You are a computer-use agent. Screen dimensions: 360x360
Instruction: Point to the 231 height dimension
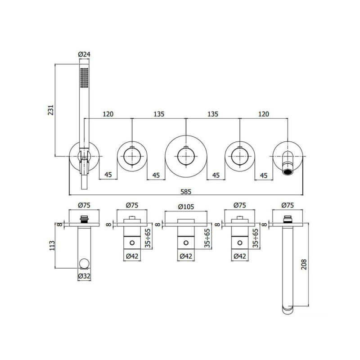tap(50, 110)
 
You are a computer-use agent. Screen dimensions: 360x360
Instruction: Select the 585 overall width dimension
tap(186, 191)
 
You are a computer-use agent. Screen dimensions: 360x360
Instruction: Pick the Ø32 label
tap(84, 275)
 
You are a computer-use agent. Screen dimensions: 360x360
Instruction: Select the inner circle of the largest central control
tap(186, 156)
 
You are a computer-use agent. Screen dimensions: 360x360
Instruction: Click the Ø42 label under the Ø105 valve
tap(186, 257)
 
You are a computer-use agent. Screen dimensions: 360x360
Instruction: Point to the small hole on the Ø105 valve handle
tap(186, 243)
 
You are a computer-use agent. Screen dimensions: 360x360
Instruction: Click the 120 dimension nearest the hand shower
tap(108, 114)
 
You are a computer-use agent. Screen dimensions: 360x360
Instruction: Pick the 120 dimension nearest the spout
tap(263, 114)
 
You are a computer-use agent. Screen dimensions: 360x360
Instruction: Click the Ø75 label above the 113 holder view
tap(84, 205)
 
